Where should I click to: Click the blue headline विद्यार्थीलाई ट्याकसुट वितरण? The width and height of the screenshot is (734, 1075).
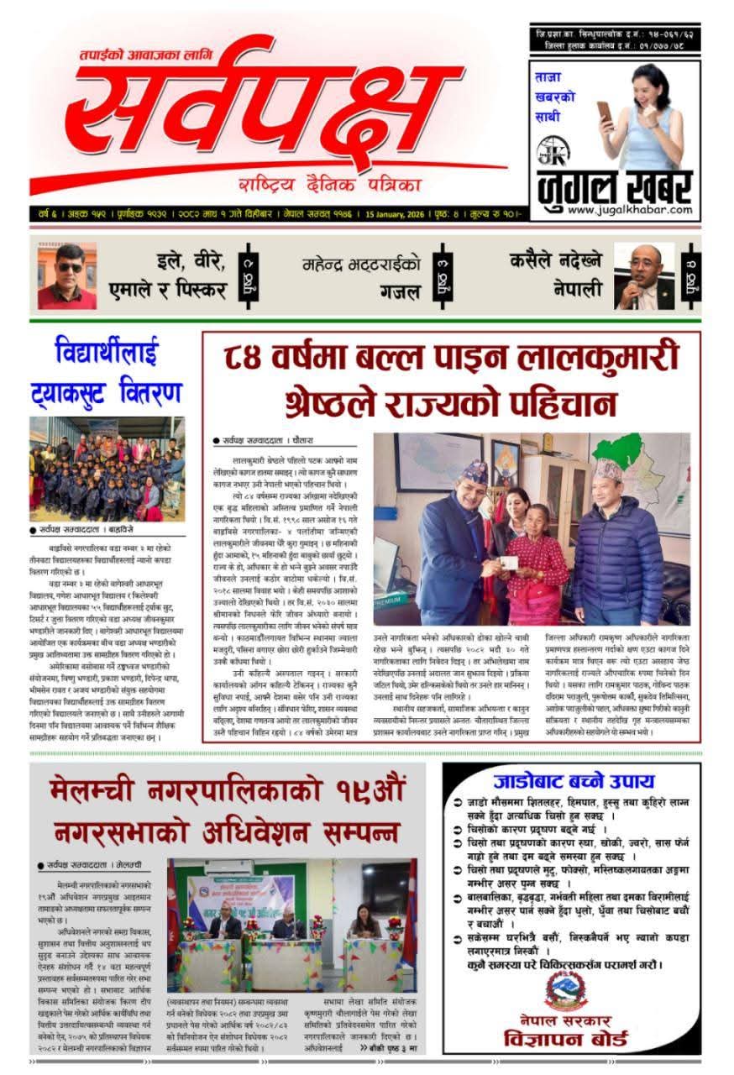[107, 370]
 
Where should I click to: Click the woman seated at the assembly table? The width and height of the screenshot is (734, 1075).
[364, 923]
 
